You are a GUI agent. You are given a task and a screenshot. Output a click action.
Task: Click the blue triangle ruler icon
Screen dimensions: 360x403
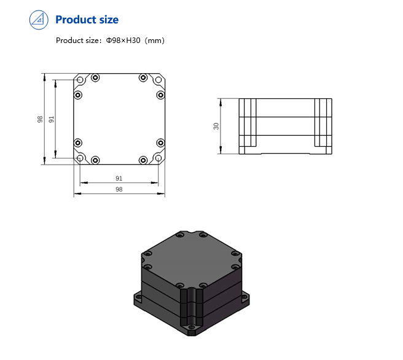pyautogui.click(x=39, y=20)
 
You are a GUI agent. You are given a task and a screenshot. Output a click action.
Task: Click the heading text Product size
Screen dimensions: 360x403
pyautogui.click(x=87, y=20)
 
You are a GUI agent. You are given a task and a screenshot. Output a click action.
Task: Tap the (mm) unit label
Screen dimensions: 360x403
pyautogui.click(x=155, y=41)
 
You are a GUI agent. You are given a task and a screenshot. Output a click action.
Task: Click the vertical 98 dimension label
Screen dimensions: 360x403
pyautogui.click(x=40, y=119)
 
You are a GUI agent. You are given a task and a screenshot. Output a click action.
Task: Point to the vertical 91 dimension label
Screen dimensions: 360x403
pyautogui.click(x=52, y=119)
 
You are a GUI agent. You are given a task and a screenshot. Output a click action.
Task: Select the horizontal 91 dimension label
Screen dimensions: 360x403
pyautogui.click(x=119, y=178)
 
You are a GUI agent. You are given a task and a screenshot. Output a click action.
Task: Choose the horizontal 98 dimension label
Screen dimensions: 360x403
pyautogui.click(x=119, y=190)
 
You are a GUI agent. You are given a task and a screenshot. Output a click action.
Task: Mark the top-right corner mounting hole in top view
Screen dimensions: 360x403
pyautogui.click(x=159, y=80)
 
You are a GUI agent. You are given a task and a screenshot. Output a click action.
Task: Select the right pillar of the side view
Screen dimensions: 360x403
pyautogui.click(x=323, y=125)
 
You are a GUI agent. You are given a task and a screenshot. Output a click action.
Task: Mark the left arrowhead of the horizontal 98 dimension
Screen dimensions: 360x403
pyautogui.click(x=76, y=194)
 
